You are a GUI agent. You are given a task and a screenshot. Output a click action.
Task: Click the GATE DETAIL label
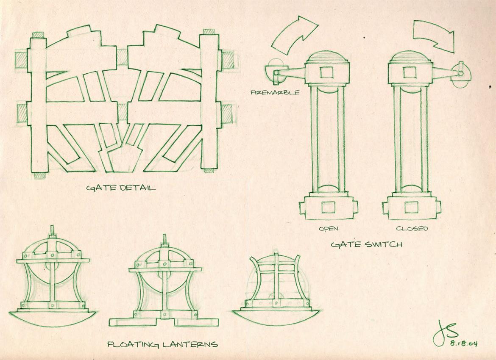pyautogui.click(x=121, y=188)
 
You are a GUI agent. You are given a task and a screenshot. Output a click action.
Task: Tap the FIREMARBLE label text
pyautogui.click(x=274, y=93)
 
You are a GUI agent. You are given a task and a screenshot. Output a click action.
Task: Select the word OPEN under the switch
pyautogui.click(x=329, y=229)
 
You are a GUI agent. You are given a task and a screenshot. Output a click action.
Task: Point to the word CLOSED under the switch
pyautogui.click(x=412, y=228)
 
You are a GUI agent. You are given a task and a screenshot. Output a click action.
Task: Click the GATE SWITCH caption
pyautogui.click(x=367, y=244)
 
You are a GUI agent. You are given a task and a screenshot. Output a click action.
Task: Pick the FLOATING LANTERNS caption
pyautogui.click(x=163, y=344)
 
